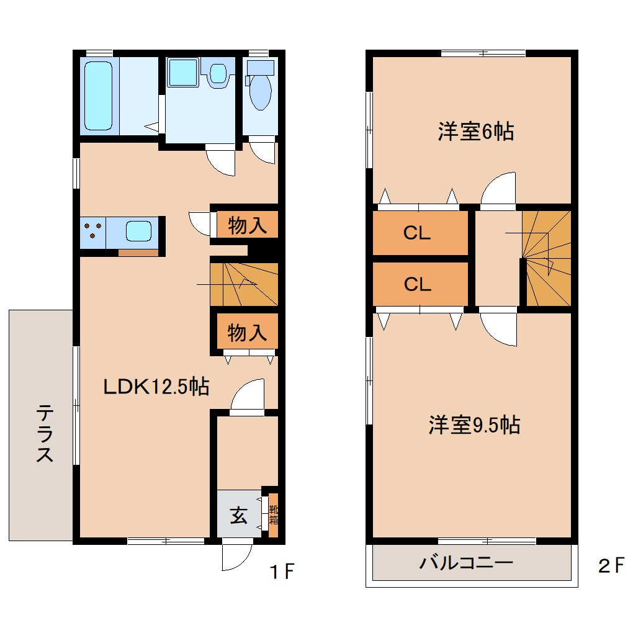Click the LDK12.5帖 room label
point(156,386)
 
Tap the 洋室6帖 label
point(476,131)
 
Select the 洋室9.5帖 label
point(474,424)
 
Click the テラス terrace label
point(45,434)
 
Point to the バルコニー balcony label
point(466,562)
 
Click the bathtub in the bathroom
point(98,96)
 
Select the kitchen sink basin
point(138,231)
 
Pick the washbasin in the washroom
point(218,73)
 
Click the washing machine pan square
point(183,72)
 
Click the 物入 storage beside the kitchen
point(248,225)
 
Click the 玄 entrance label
point(238,516)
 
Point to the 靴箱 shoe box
point(273,515)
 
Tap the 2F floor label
point(611,565)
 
